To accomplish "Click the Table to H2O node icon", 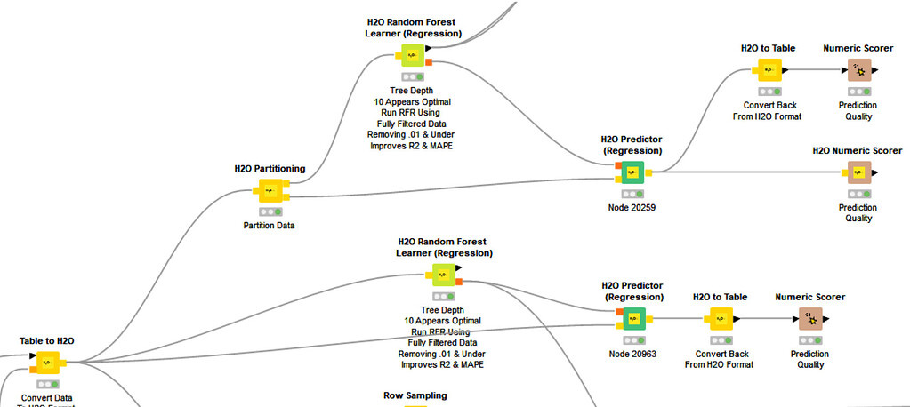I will tap(46, 362).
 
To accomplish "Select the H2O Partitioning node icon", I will tap(270, 190).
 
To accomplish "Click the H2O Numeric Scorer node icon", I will tap(858, 172).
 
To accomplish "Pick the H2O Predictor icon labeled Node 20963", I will tap(633, 318).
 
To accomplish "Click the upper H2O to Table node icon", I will tap(769, 69).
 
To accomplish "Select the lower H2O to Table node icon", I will tap(720, 318).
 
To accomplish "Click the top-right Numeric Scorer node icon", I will tap(858, 69).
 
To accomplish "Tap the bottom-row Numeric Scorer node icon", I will tap(809, 318).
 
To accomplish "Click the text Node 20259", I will tap(632, 208).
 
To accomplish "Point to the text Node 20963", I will tap(632, 354).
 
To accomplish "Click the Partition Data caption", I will tap(269, 226).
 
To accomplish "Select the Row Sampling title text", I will tap(415, 395).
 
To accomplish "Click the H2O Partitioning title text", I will tap(270, 168).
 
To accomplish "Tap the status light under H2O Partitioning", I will tap(270, 211).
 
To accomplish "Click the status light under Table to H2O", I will tap(46, 383).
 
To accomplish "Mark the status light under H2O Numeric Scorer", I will tap(858, 194).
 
